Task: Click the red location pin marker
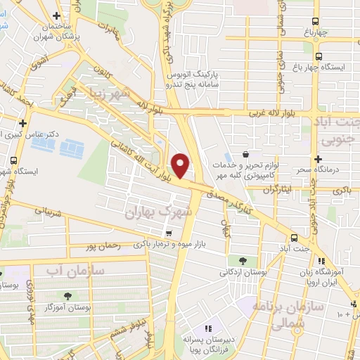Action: [x=181, y=165]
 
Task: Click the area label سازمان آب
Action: [x=75, y=269]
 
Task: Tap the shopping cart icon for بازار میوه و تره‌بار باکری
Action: [x=167, y=233]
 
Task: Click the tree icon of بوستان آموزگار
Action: [x=68, y=296]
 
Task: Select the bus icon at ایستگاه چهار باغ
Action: [x=319, y=57]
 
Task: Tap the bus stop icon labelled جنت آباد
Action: [x=294, y=238]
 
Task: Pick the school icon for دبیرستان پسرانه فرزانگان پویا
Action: [x=208, y=328]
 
